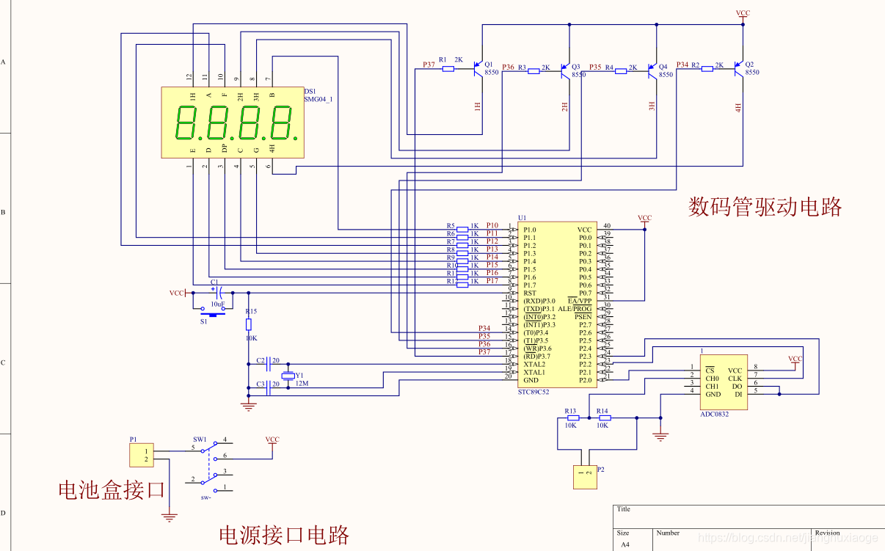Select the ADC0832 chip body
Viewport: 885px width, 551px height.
click(724, 382)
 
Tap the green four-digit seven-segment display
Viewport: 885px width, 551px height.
click(233, 122)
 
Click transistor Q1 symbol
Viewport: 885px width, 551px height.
click(479, 69)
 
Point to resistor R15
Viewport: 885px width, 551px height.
click(248, 324)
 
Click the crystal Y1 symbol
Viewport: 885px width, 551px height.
click(288, 376)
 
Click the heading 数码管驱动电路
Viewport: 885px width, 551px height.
click(765, 207)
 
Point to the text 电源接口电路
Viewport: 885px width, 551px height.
click(284, 535)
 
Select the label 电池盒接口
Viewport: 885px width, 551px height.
click(112, 490)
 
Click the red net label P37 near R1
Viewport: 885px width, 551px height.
click(429, 65)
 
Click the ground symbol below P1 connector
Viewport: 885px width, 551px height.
click(170, 517)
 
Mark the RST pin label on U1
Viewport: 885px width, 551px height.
click(529, 293)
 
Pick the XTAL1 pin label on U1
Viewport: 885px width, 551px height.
click(533, 373)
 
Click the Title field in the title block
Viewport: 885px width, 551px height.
click(624, 509)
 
